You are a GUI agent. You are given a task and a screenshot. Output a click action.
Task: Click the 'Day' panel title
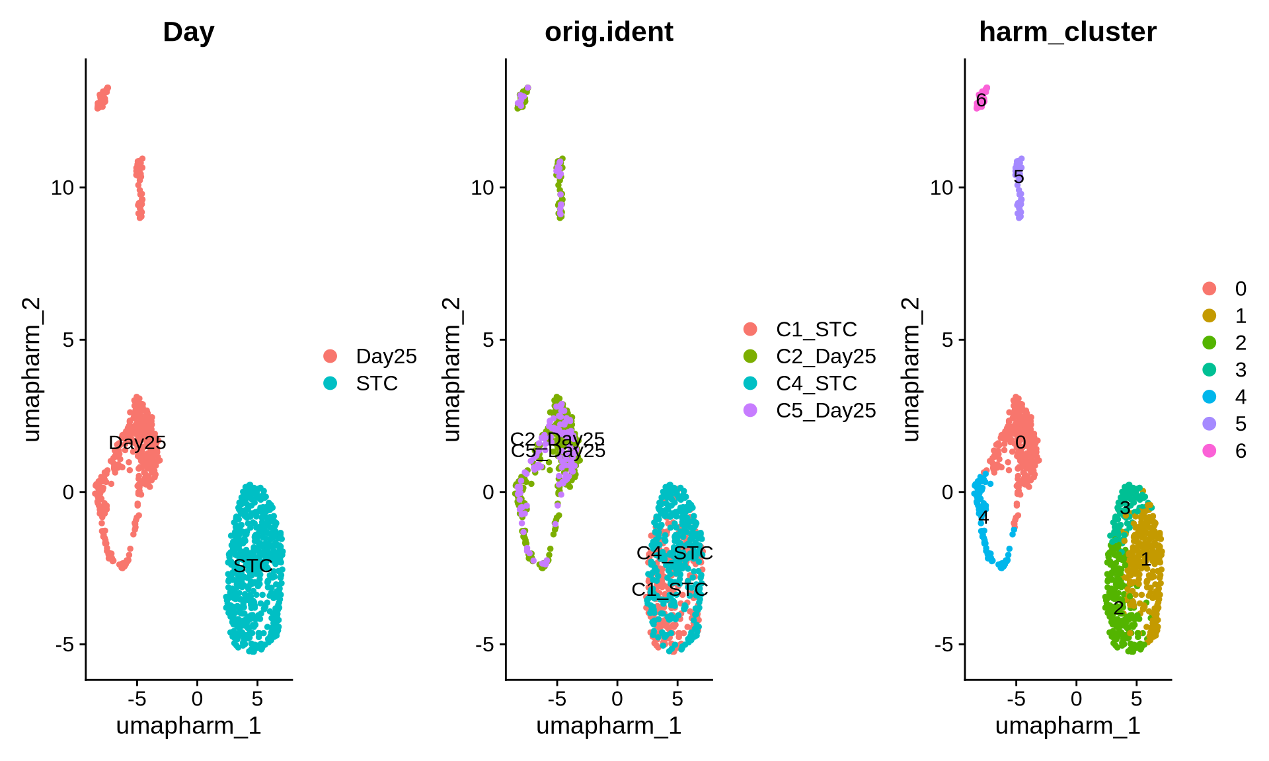coord(188,32)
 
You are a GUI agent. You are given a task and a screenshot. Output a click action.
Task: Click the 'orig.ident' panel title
coord(609,32)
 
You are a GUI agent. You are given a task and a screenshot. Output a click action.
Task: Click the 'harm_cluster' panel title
coord(1067,32)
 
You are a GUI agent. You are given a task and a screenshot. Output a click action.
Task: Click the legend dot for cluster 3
coord(1210,369)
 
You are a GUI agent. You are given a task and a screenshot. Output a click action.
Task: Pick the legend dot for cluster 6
coord(1210,451)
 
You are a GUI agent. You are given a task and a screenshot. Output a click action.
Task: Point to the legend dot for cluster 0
coord(1210,288)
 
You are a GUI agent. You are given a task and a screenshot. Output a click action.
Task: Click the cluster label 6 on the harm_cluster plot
coord(981,100)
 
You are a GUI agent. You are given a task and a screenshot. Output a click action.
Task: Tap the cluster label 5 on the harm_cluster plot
coord(1019,177)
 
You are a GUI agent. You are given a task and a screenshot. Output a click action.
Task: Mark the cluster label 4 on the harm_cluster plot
coord(983,517)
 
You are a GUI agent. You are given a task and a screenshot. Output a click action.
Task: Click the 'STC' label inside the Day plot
coord(252,565)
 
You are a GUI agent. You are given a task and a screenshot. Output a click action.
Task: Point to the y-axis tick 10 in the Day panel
coord(63,188)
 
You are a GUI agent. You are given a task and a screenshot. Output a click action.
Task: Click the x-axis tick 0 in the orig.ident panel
coord(617,698)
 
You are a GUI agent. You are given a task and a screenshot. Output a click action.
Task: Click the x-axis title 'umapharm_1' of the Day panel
coord(188,725)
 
